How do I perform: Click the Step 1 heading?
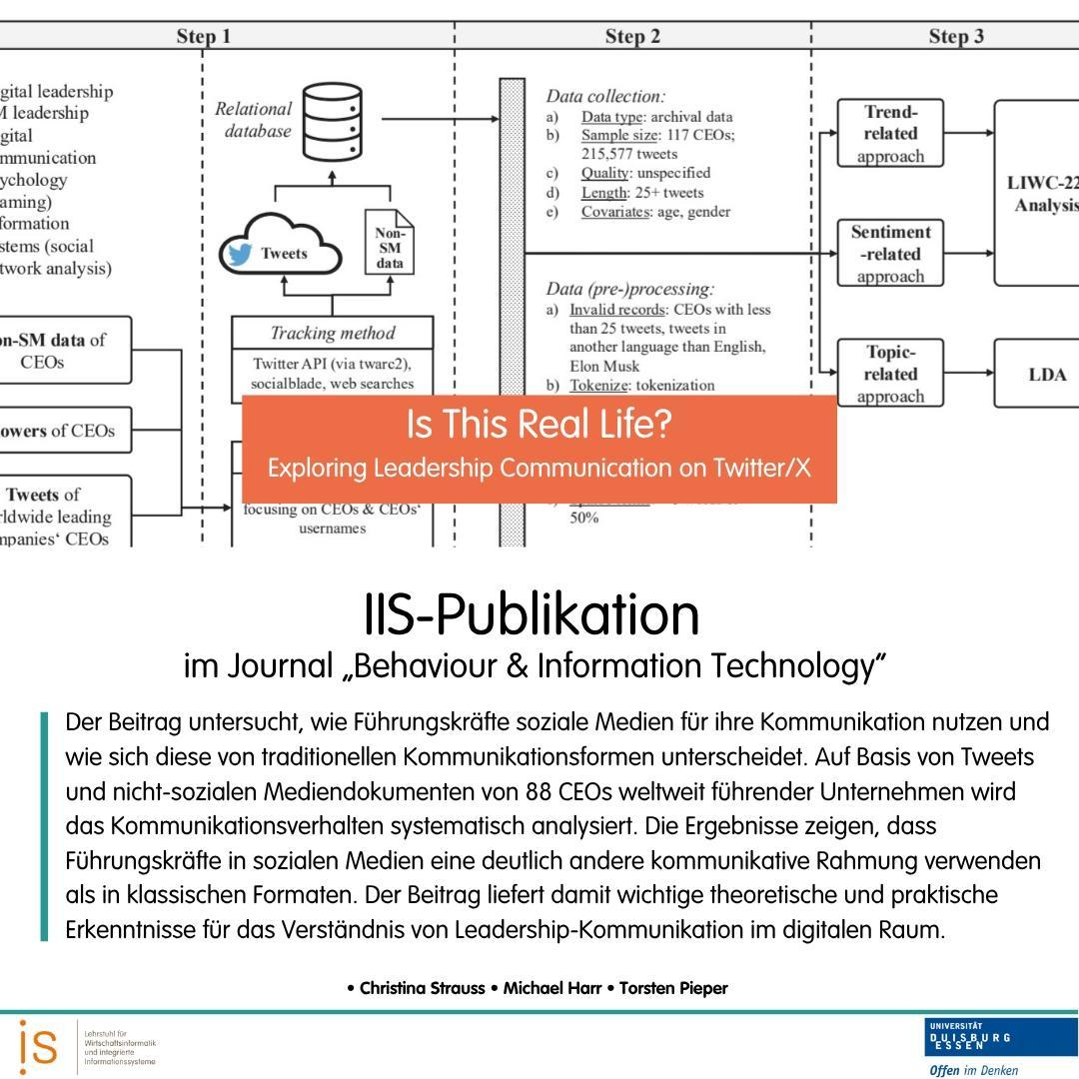204,37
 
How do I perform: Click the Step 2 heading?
632,37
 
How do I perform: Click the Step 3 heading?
956,37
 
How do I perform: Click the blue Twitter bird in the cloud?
240,254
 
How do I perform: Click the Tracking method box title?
333,334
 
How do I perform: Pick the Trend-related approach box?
890,134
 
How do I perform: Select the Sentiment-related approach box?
890,254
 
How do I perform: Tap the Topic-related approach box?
890,374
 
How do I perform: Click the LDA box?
1035,375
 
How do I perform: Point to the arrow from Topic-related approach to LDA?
968,374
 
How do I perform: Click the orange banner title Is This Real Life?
539,426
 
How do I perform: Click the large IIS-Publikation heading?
532,614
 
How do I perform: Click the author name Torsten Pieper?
673,988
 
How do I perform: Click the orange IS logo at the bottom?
38,1046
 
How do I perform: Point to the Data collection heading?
605,97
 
